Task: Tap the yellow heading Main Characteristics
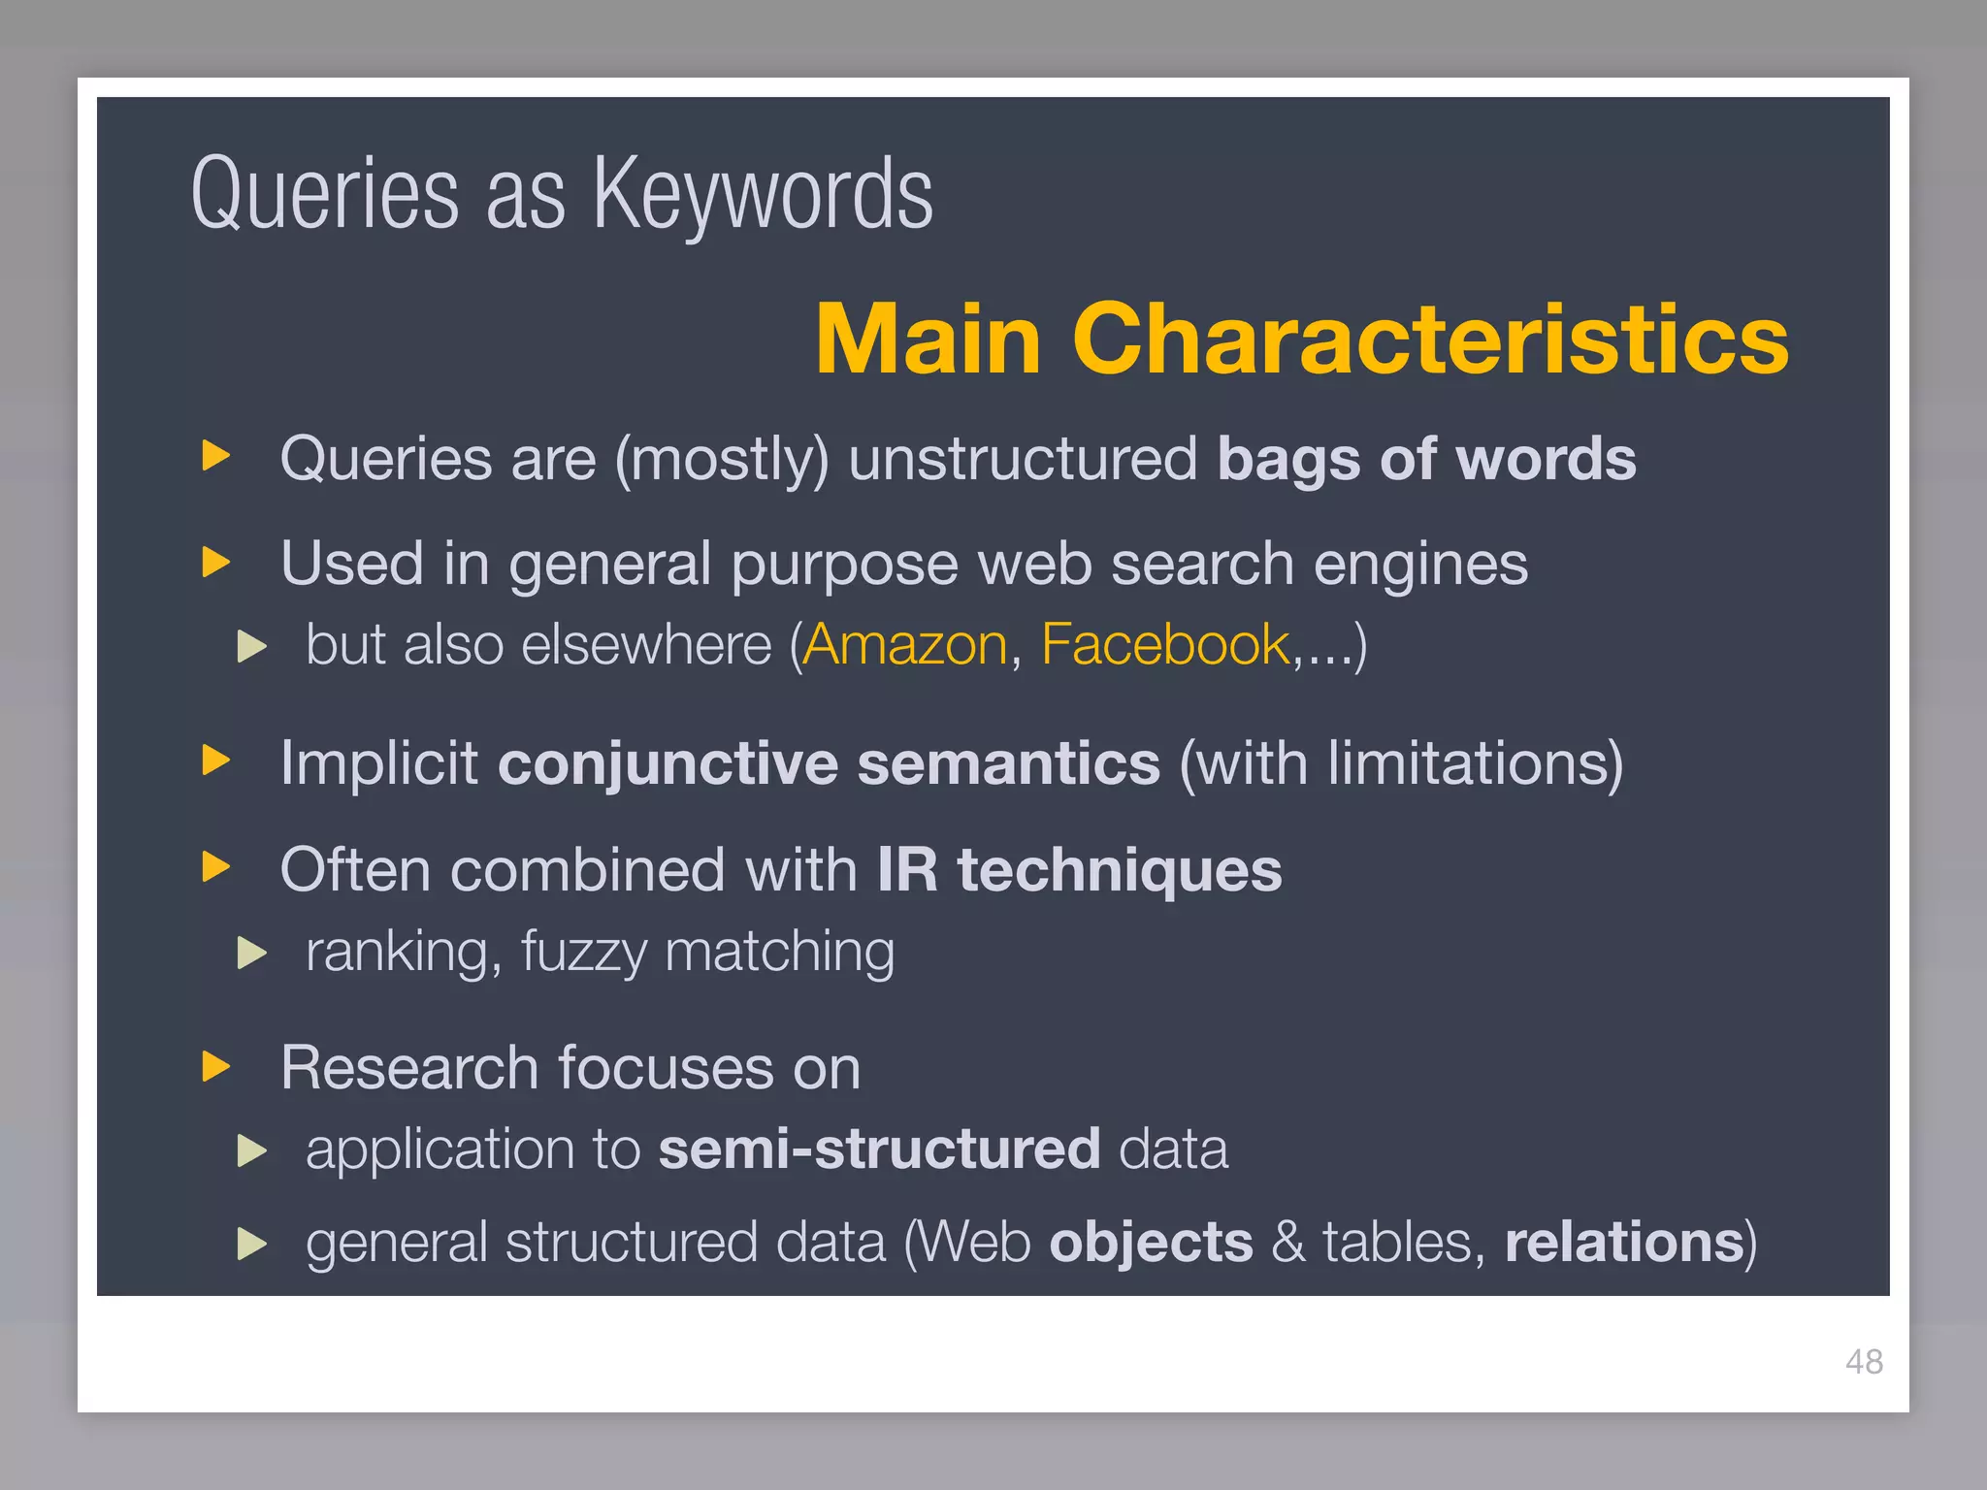[1302, 339]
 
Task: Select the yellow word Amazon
[905, 645]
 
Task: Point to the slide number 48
[1864, 1362]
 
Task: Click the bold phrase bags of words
[1426, 459]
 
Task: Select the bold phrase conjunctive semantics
[829, 763]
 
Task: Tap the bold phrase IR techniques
[1079, 870]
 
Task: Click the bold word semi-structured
[879, 1150]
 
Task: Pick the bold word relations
[1624, 1243]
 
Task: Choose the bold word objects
[1151, 1243]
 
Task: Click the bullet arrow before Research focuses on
[216, 1066]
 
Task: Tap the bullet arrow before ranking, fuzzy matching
[251, 953]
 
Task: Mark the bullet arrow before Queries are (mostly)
[216, 455]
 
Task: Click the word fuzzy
[583, 953]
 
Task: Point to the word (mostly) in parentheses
[722, 459]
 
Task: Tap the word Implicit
[378, 763]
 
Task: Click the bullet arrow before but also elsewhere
[251, 646]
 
